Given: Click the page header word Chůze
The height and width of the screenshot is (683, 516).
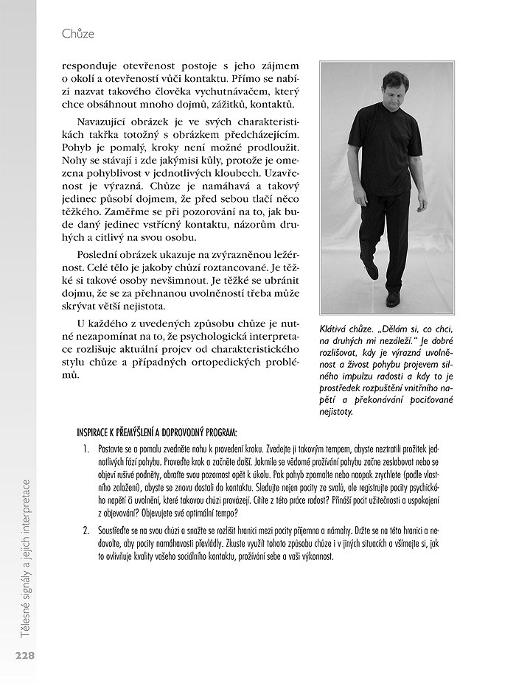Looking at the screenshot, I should (78, 34).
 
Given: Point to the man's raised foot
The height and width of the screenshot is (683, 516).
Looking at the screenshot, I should (371, 270).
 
